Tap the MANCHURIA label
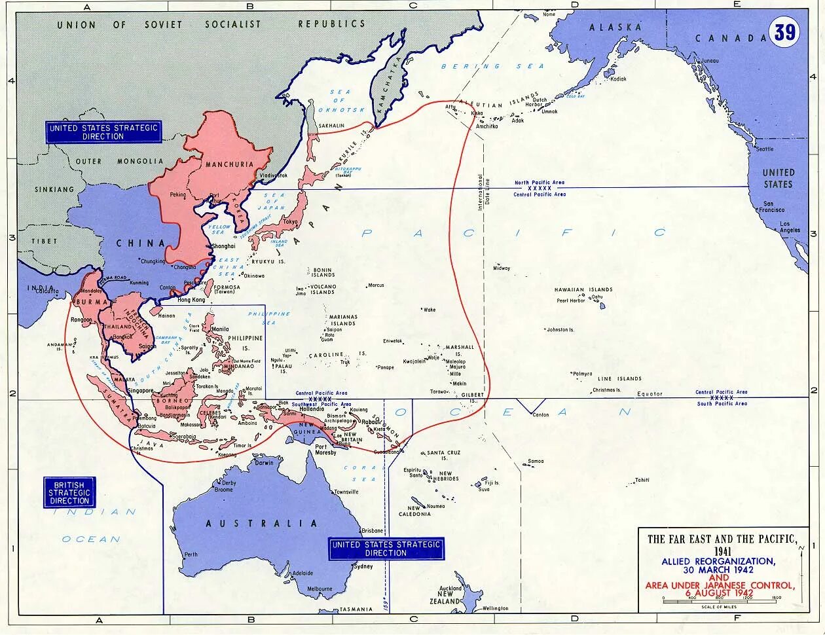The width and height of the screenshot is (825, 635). [x=229, y=164]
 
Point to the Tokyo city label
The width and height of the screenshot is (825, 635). [x=290, y=221]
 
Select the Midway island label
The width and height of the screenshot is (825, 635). [x=502, y=268]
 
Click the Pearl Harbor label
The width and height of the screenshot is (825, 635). [x=571, y=300]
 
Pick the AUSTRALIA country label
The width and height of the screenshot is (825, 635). [x=261, y=524]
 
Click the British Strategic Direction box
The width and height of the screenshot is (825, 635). [x=69, y=492]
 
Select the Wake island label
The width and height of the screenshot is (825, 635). [x=430, y=310]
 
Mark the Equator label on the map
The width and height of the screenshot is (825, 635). [x=650, y=394]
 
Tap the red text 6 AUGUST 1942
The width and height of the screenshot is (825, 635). [x=720, y=593]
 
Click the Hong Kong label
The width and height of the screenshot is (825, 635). [x=191, y=300]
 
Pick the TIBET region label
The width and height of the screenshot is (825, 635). [x=45, y=241]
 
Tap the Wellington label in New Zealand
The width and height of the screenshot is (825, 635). [x=495, y=608]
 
